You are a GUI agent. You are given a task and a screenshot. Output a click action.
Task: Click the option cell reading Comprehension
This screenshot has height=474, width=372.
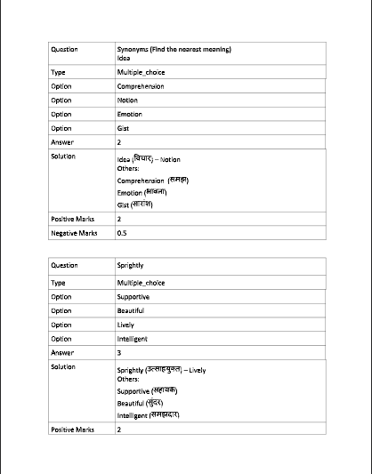(x=139, y=86)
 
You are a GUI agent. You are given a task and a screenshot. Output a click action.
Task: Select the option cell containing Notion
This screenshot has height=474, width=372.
(x=127, y=100)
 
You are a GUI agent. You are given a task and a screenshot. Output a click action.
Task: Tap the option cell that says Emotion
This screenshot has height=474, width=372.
(x=130, y=114)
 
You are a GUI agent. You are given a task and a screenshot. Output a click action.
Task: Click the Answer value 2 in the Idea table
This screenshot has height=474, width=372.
(x=119, y=142)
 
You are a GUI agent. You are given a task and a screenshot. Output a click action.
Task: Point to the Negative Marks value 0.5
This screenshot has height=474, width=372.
(x=122, y=232)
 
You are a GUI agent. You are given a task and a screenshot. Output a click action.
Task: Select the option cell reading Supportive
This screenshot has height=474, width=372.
(x=133, y=296)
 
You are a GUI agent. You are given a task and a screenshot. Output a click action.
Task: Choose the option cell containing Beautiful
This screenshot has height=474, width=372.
(x=131, y=310)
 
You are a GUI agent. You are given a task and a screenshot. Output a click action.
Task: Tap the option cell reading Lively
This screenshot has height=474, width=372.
(x=125, y=325)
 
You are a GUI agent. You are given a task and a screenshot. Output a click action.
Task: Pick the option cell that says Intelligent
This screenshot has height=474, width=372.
(x=133, y=339)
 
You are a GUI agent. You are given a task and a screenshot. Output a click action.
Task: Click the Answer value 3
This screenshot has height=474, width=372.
(x=119, y=353)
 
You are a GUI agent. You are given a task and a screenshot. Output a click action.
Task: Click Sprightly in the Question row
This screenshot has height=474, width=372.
(x=130, y=265)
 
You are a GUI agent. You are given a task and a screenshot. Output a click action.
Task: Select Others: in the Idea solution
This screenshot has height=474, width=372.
(x=127, y=168)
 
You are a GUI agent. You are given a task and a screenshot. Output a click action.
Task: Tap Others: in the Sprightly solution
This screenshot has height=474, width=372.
(x=127, y=379)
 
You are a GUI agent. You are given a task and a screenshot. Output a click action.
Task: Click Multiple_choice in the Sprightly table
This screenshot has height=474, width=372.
(x=141, y=283)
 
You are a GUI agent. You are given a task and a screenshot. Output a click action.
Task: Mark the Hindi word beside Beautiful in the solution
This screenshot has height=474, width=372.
(x=154, y=402)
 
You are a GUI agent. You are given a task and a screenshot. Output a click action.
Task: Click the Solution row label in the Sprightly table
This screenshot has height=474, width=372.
(x=64, y=366)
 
